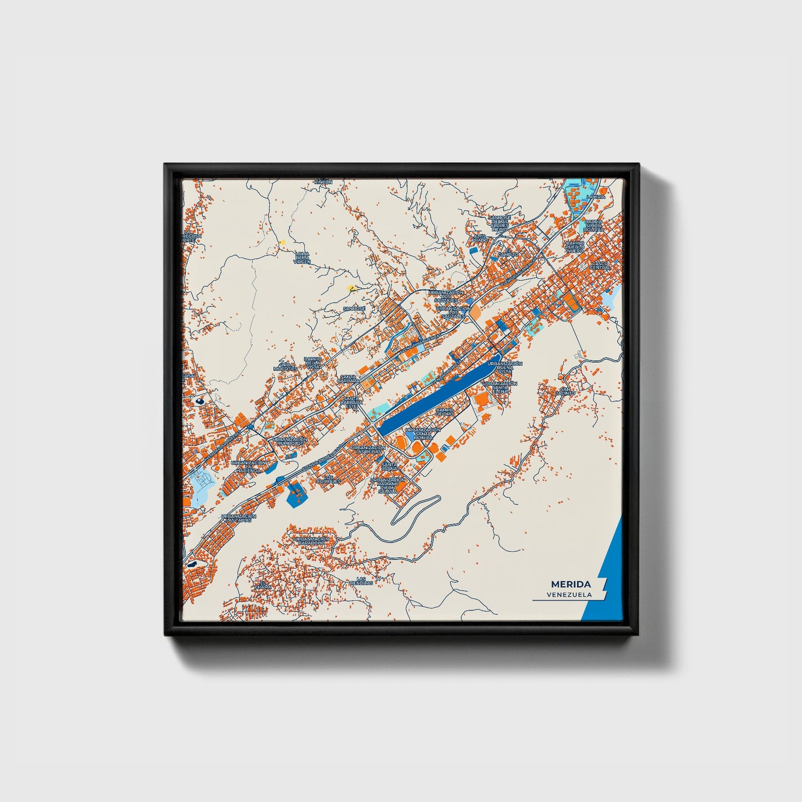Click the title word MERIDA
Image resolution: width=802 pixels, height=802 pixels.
571,584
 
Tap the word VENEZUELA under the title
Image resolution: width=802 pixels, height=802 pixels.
568,594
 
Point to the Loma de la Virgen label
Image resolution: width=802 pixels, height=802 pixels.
302,257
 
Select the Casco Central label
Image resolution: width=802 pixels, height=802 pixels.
601,265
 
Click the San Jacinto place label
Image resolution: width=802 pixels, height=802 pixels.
567,391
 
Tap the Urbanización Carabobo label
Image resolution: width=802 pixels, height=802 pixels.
311,541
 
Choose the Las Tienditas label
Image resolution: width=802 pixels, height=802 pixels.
361,581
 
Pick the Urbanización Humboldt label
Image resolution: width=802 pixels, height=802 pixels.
290,441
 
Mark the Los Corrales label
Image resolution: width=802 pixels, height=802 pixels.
329,478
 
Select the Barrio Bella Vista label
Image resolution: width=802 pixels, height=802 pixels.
312,362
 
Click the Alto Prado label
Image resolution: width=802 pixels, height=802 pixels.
480,238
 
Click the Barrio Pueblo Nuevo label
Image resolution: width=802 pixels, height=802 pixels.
575,247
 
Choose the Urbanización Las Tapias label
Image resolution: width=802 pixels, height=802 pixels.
238,518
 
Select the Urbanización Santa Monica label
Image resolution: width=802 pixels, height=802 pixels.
422,433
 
